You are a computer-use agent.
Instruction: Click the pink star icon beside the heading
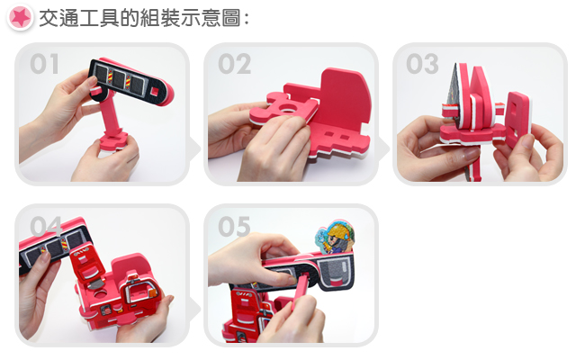click(x=20, y=17)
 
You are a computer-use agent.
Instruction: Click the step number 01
click(x=44, y=64)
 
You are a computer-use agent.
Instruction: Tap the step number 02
click(x=234, y=64)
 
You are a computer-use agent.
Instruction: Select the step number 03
click(x=422, y=64)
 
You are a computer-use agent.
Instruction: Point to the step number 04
click(x=46, y=226)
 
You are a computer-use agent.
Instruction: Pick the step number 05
click(x=234, y=226)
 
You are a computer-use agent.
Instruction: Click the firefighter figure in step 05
click(x=336, y=238)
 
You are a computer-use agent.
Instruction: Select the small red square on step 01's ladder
click(x=155, y=91)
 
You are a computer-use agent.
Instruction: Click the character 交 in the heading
click(x=49, y=18)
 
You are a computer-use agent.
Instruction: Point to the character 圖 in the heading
click(x=230, y=18)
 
